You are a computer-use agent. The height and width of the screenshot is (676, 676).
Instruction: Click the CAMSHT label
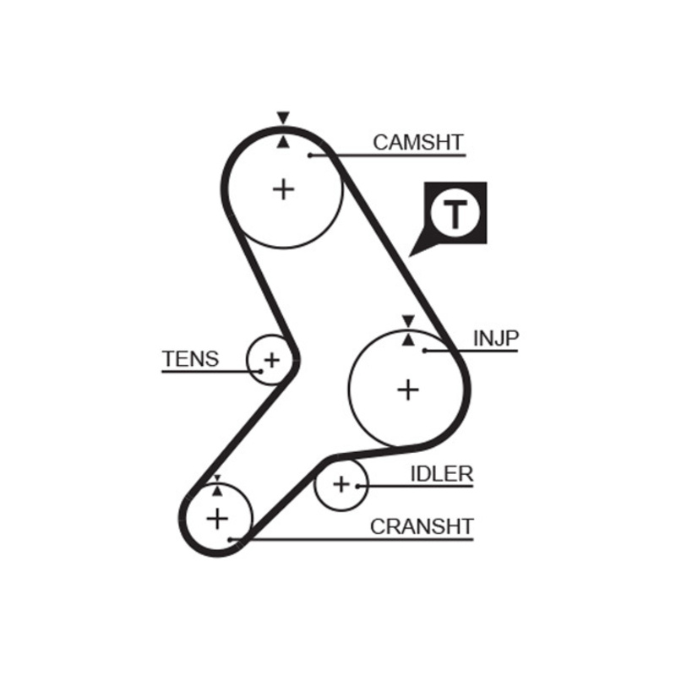pyautogui.click(x=418, y=142)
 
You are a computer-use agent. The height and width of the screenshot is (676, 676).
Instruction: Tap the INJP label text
pyautogui.click(x=495, y=339)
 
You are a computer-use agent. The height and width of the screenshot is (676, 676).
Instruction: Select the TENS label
pyautogui.click(x=190, y=359)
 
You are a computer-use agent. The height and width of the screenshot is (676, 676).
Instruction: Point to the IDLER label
pyautogui.click(x=441, y=474)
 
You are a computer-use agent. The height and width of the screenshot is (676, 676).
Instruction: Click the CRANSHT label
pyautogui.click(x=422, y=526)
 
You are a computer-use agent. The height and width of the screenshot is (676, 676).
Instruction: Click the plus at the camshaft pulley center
pyautogui.click(x=284, y=188)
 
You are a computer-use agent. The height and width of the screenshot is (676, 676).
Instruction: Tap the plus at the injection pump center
pyautogui.click(x=408, y=390)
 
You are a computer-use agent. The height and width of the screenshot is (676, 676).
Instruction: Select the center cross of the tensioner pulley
pyautogui.click(x=271, y=361)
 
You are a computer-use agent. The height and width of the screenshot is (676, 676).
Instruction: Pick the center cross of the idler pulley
pyautogui.click(x=341, y=485)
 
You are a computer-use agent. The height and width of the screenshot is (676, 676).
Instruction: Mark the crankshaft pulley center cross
pyautogui.click(x=218, y=517)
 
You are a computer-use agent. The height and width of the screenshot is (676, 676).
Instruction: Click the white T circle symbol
pyautogui.click(x=455, y=215)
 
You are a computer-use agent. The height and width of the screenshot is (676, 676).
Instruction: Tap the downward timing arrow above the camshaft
pyautogui.click(x=283, y=117)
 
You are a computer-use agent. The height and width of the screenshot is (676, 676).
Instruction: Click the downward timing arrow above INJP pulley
pyautogui.click(x=408, y=320)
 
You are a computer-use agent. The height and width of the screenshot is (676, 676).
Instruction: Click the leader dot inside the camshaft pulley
pyautogui.click(x=310, y=155)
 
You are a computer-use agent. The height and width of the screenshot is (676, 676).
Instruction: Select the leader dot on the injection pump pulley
pyautogui.click(x=425, y=350)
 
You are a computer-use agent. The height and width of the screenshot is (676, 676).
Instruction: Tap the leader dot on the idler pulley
pyautogui.click(x=359, y=486)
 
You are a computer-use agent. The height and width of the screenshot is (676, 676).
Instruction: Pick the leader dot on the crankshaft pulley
pyautogui.click(x=230, y=538)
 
